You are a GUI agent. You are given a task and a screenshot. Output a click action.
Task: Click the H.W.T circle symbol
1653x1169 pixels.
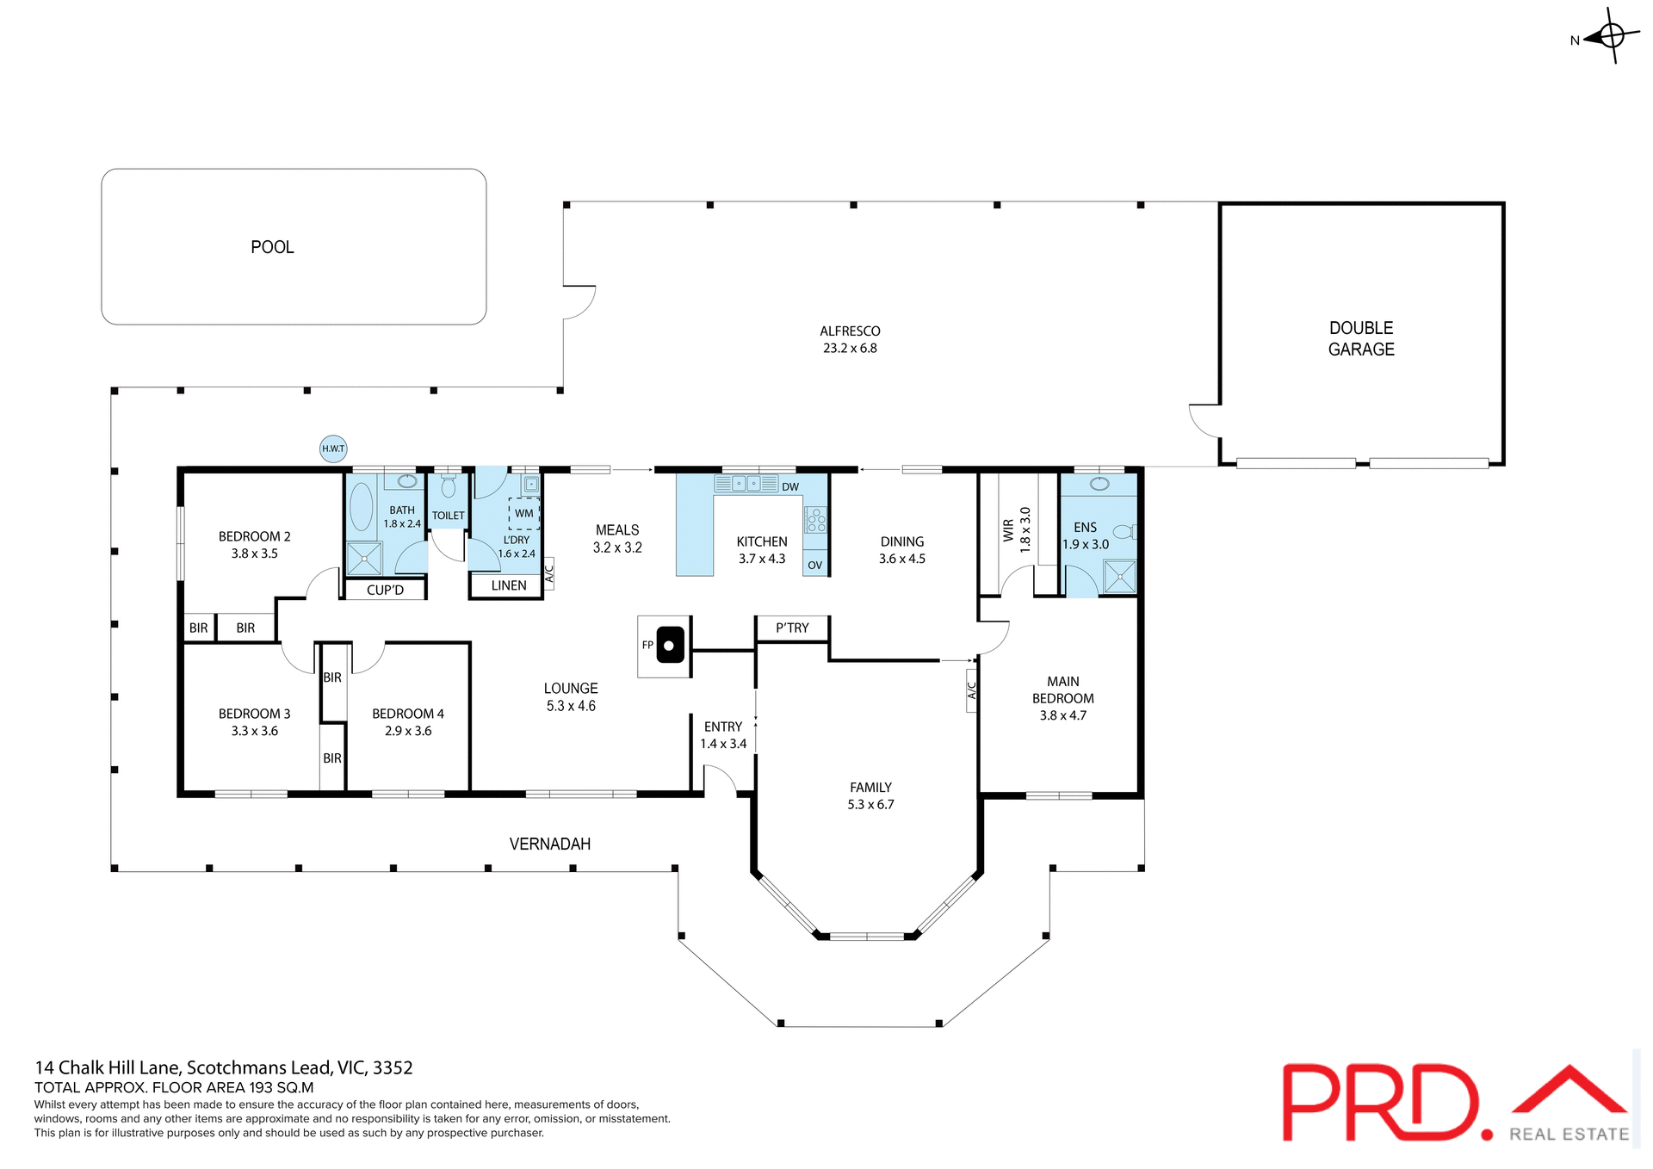333,448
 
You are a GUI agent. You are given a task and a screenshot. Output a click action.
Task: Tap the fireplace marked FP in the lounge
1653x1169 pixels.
670,646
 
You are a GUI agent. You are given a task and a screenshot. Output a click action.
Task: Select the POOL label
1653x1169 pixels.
272,247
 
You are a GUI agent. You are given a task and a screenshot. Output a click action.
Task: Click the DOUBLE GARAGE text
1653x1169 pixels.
1360,338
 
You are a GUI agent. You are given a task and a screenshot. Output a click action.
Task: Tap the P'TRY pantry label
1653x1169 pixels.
792,628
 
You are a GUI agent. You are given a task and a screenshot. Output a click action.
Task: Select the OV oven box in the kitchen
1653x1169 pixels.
814,565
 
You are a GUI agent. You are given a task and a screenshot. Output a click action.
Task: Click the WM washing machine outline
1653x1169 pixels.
523,513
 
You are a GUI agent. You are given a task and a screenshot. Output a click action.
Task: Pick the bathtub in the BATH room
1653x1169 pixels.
362,506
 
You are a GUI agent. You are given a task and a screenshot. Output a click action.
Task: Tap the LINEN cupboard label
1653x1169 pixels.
509,585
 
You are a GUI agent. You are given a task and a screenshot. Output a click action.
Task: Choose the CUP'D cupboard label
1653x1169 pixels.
385,590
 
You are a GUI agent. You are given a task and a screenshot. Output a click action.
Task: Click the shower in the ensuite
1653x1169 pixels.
1119,576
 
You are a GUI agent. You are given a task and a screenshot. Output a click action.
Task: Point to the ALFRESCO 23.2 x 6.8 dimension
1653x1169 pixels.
850,349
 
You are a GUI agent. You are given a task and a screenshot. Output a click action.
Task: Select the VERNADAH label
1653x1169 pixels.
550,844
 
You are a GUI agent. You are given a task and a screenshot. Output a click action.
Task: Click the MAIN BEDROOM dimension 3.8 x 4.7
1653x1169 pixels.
1062,715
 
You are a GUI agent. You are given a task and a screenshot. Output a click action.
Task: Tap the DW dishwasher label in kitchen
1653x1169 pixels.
790,486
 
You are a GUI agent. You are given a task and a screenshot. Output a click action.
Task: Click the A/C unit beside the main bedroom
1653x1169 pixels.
972,690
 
